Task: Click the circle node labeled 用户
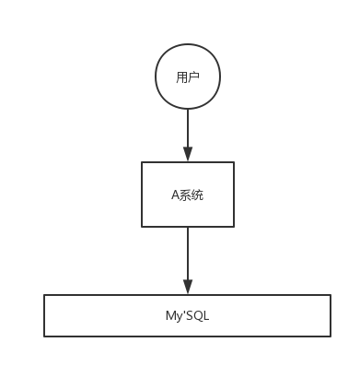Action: coord(187,77)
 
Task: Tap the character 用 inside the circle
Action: coord(181,77)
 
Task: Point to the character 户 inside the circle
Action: coord(193,77)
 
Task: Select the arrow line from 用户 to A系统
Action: coord(187,129)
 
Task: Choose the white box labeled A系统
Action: coord(187,195)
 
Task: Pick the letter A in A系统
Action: coord(175,195)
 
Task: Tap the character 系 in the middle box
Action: coord(185,195)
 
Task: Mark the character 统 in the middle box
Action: coord(197,195)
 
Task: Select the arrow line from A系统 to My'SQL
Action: coord(187,254)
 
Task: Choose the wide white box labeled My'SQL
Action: coord(187,315)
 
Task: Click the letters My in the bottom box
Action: coord(172,316)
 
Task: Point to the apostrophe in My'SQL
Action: coord(182,313)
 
